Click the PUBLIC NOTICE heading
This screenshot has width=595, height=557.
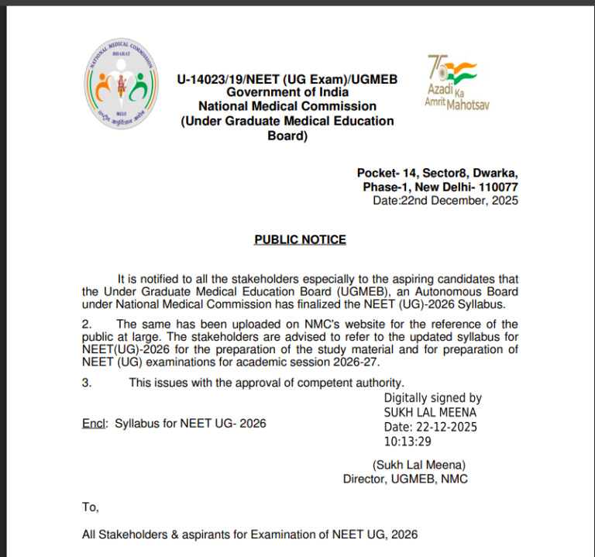point(300,239)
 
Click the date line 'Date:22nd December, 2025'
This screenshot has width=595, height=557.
point(445,200)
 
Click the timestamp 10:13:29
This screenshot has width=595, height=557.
point(408,442)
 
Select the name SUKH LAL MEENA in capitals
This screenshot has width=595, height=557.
point(430,412)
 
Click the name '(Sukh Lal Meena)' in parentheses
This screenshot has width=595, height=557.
point(419,465)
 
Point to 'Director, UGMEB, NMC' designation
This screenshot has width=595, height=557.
point(405,479)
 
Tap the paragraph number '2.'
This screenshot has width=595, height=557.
point(87,323)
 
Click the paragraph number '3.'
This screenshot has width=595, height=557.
point(87,382)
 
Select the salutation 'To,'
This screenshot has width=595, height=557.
point(91,507)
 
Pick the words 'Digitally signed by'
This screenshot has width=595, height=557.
point(433,397)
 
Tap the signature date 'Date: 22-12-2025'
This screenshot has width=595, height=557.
point(431,427)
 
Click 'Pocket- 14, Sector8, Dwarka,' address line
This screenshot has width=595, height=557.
point(437,173)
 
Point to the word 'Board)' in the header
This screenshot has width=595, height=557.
point(287,136)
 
